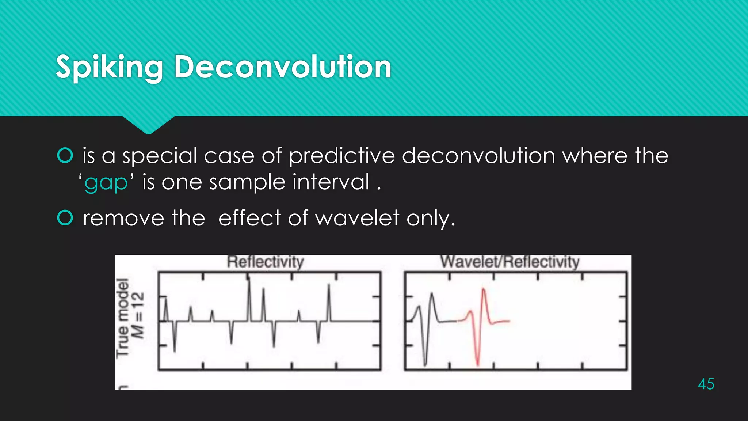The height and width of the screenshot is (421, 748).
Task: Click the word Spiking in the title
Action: point(109,67)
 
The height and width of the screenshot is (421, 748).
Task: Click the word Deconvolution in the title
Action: point(282,67)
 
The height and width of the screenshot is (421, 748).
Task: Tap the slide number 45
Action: point(706,384)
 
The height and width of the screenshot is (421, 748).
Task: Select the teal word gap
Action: point(106,183)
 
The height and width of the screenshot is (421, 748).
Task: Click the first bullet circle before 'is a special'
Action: point(65,155)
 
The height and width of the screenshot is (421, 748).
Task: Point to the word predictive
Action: point(342,156)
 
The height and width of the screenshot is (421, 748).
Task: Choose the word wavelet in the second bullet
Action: point(357,219)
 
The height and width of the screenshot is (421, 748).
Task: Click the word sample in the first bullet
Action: point(247,183)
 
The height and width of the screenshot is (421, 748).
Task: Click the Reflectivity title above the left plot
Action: point(266,262)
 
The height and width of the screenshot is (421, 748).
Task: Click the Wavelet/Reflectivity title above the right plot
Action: point(510,262)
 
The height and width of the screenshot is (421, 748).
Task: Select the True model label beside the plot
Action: point(123,317)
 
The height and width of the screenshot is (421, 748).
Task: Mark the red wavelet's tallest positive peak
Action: point(484,289)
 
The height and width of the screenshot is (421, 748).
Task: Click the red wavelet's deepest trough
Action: point(478,364)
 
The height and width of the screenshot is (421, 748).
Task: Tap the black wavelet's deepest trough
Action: point(425,364)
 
